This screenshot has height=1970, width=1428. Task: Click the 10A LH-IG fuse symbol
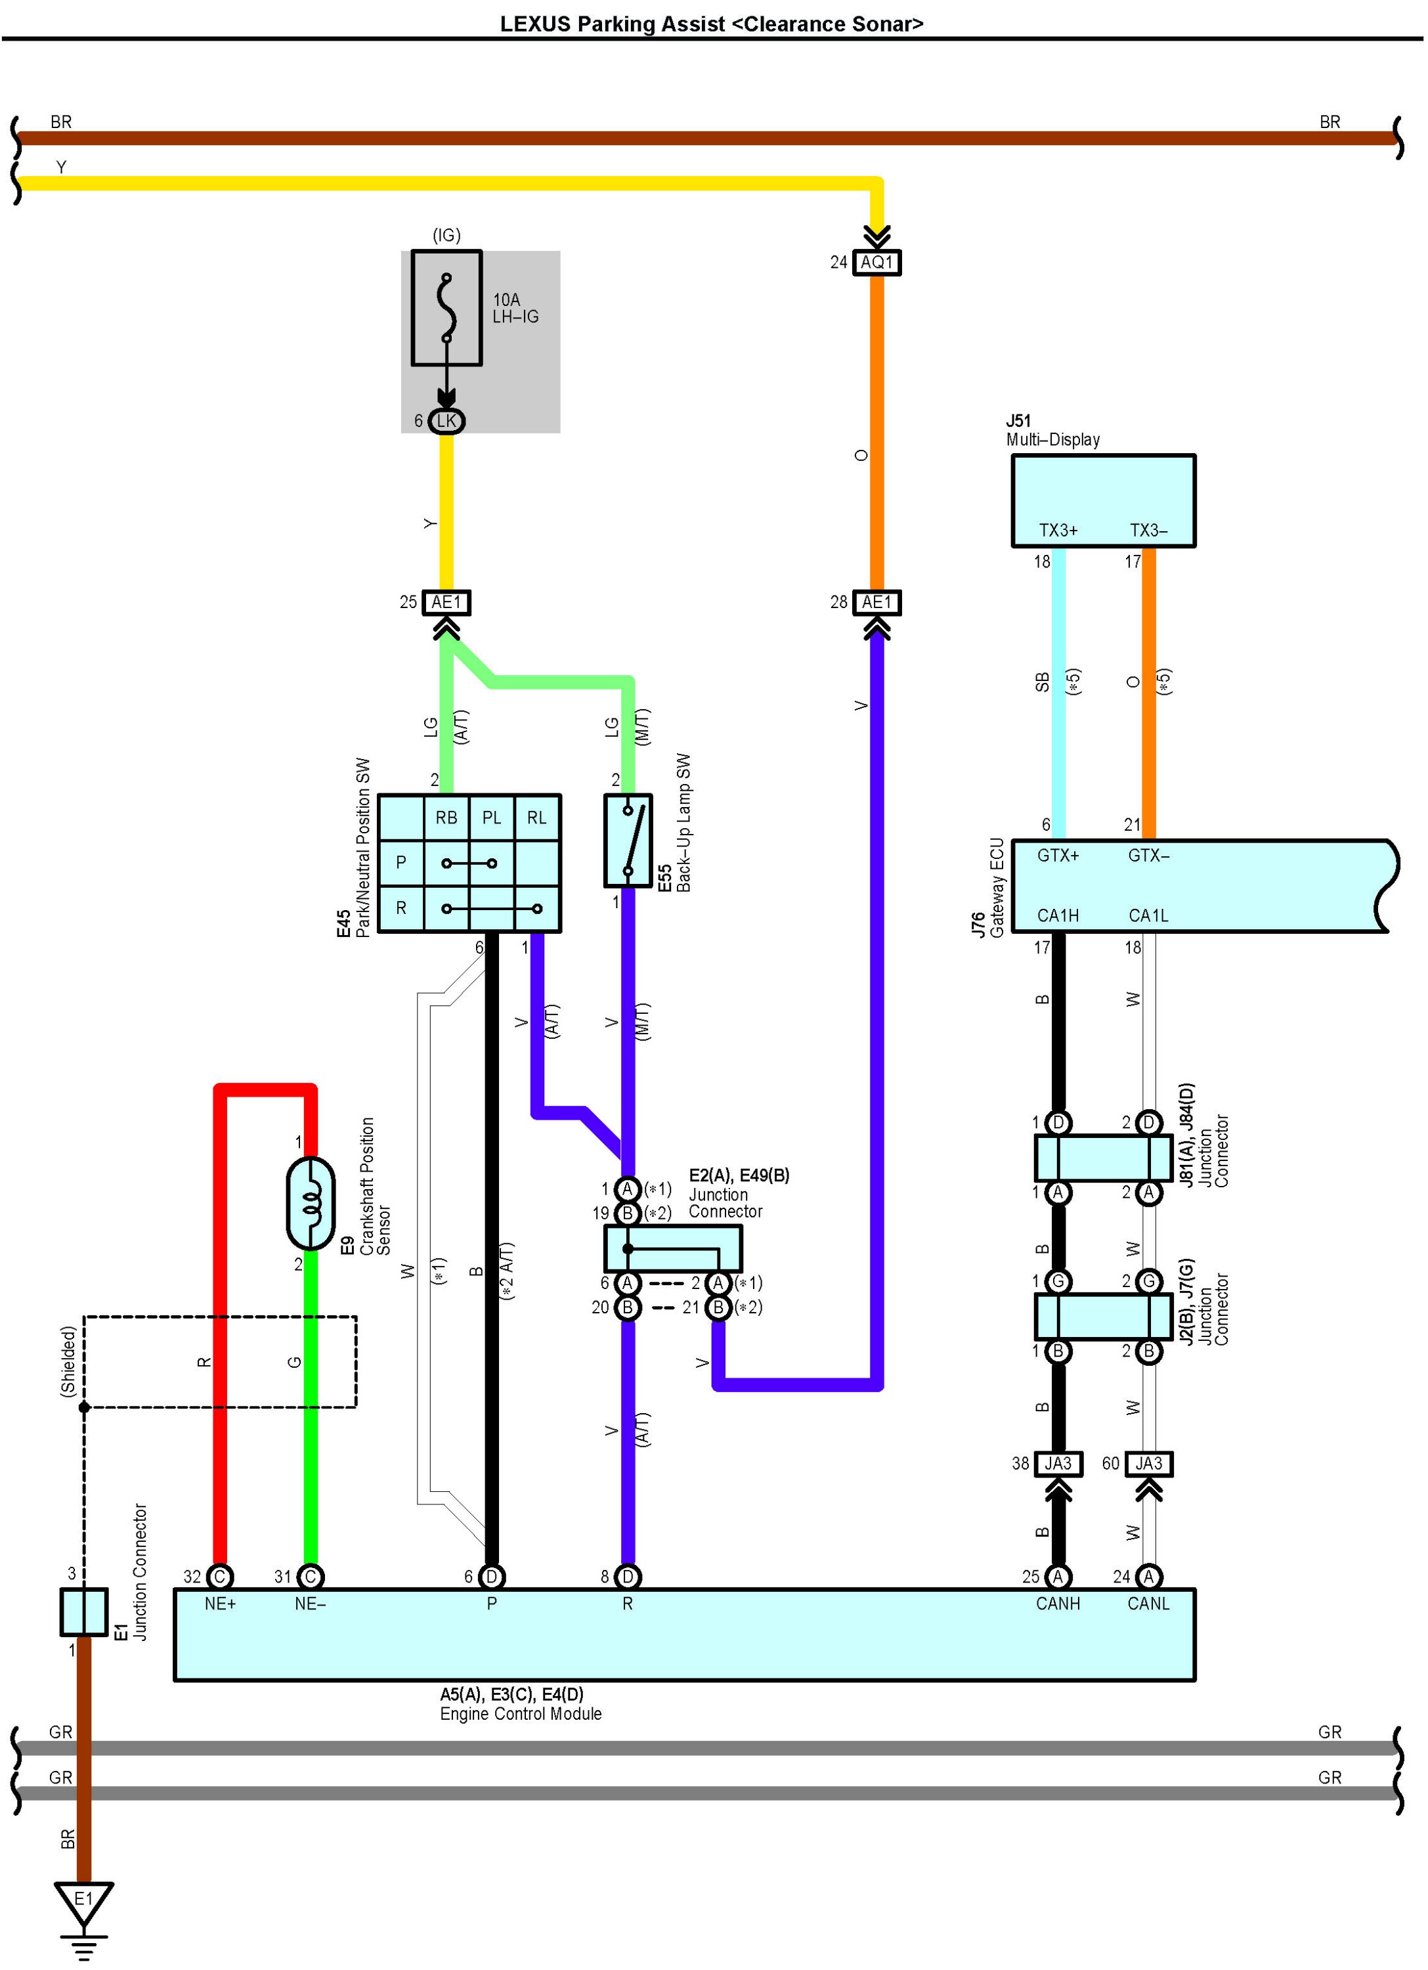click(x=446, y=309)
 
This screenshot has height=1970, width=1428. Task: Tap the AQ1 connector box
click(x=876, y=262)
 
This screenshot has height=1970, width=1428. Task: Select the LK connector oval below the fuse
click(x=446, y=422)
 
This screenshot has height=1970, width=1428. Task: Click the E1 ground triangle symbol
click(x=83, y=1903)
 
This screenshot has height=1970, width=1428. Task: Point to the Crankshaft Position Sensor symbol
click(x=310, y=1203)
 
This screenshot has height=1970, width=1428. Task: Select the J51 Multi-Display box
click(x=1103, y=500)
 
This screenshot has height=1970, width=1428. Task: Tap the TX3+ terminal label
click(x=1058, y=531)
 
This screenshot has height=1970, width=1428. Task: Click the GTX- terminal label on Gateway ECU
click(x=1148, y=856)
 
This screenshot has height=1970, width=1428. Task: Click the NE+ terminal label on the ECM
click(x=220, y=1604)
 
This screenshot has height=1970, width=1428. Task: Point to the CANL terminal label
click(x=1148, y=1604)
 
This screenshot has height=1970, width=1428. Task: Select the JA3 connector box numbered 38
click(x=1058, y=1464)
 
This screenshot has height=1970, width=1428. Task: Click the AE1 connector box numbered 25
click(x=446, y=603)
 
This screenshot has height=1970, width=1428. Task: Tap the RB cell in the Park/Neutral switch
click(x=446, y=818)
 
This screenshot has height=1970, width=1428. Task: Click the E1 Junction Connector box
click(x=83, y=1612)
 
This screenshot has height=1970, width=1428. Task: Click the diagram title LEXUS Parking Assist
click(x=712, y=24)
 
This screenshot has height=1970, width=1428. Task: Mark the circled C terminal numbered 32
click(x=220, y=1577)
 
